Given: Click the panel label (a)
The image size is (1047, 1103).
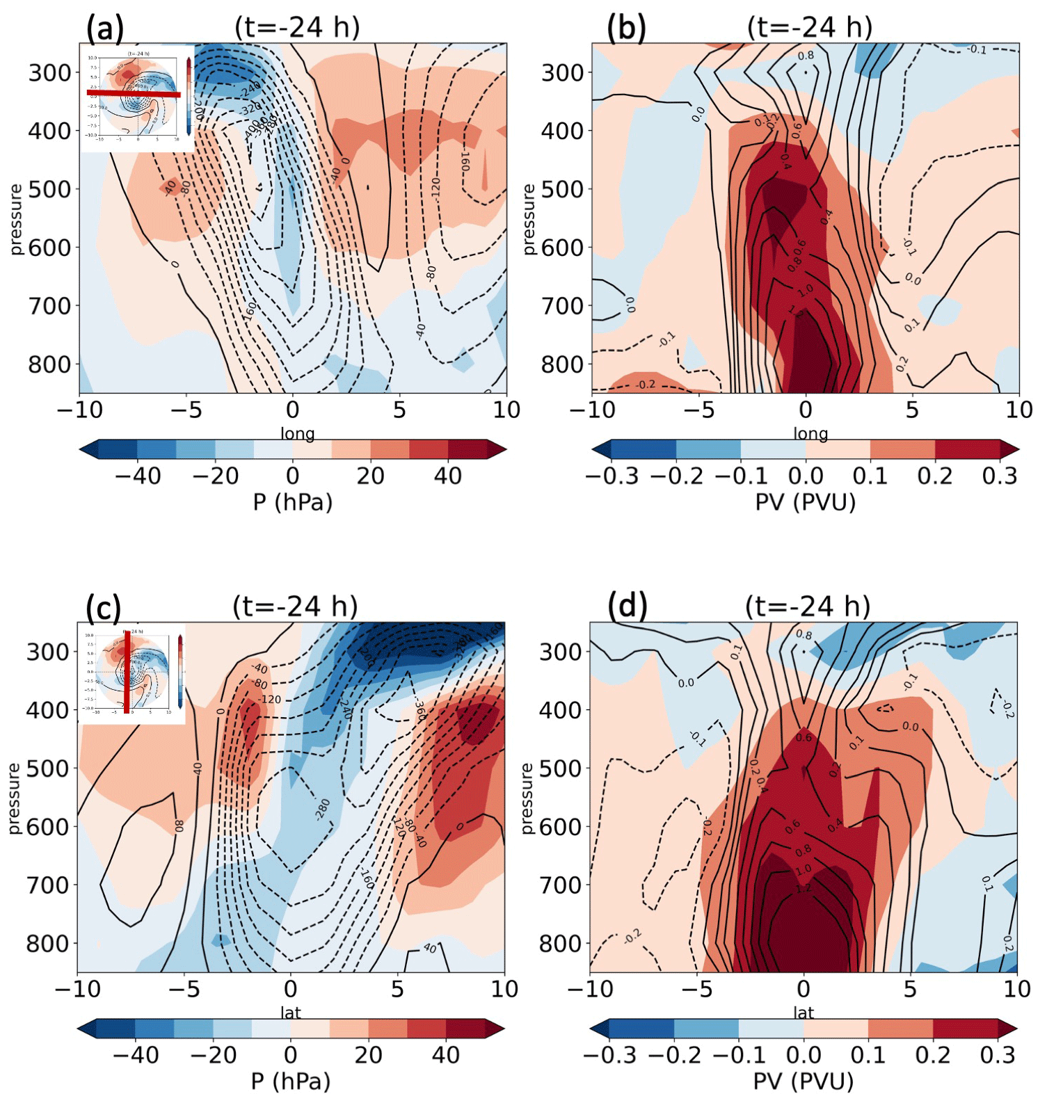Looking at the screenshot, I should [x=105, y=29].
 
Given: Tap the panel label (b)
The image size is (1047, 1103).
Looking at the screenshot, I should [x=626, y=29].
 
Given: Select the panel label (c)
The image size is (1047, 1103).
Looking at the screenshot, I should [x=104, y=607].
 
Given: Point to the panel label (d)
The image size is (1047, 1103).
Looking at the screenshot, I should [x=627, y=606].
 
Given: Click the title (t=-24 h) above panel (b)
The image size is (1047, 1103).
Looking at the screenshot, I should [x=810, y=27].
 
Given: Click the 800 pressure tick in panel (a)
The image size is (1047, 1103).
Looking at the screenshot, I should [x=49, y=364].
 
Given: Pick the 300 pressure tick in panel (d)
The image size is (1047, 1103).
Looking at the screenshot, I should [x=561, y=652].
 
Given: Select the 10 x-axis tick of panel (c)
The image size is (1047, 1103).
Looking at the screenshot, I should [x=504, y=989].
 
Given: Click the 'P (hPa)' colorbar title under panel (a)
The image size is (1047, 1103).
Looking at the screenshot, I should [x=293, y=501].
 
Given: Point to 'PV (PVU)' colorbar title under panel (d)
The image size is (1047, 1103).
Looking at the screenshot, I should [x=804, y=1081].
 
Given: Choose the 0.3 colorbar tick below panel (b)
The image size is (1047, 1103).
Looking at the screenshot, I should [x=1000, y=476].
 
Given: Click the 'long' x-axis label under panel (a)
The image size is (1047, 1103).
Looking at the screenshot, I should [x=298, y=434].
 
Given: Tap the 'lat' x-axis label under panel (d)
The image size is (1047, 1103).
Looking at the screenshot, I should [x=804, y=1013].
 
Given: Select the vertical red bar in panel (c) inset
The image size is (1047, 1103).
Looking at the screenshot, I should [x=127, y=671].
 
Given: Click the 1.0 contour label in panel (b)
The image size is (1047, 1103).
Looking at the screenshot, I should [x=805, y=291].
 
